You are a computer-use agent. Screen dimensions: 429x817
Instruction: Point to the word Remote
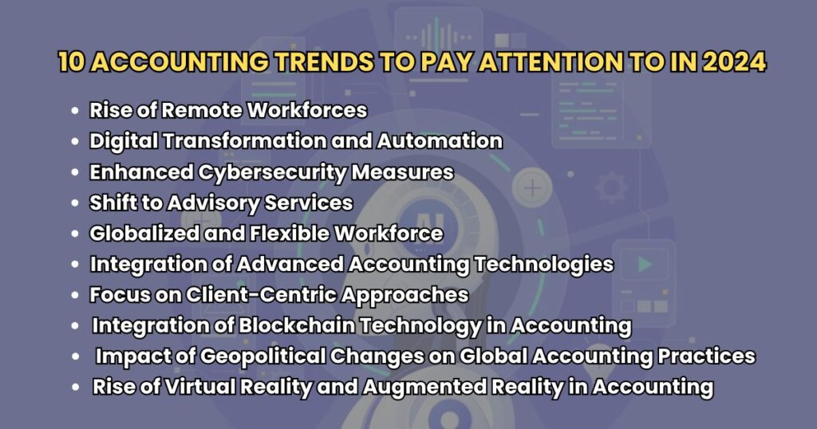[x=213, y=110]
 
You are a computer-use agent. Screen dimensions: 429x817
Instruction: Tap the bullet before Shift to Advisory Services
[x=74, y=204]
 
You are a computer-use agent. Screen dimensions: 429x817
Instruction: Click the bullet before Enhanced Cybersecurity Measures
[x=74, y=173]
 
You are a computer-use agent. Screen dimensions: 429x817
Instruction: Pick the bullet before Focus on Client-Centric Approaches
[x=74, y=295]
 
